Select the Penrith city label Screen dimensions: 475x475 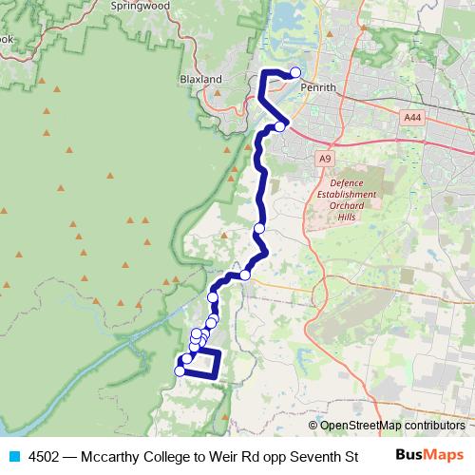[317, 86]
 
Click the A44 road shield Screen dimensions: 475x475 [411, 117]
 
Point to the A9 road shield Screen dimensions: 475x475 [326, 158]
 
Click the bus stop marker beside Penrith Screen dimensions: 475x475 [295, 72]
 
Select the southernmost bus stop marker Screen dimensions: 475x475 [180, 371]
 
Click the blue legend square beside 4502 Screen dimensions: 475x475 [13, 455]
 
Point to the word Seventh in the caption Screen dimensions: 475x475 [313, 455]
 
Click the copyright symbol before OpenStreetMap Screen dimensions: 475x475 [313, 425]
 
